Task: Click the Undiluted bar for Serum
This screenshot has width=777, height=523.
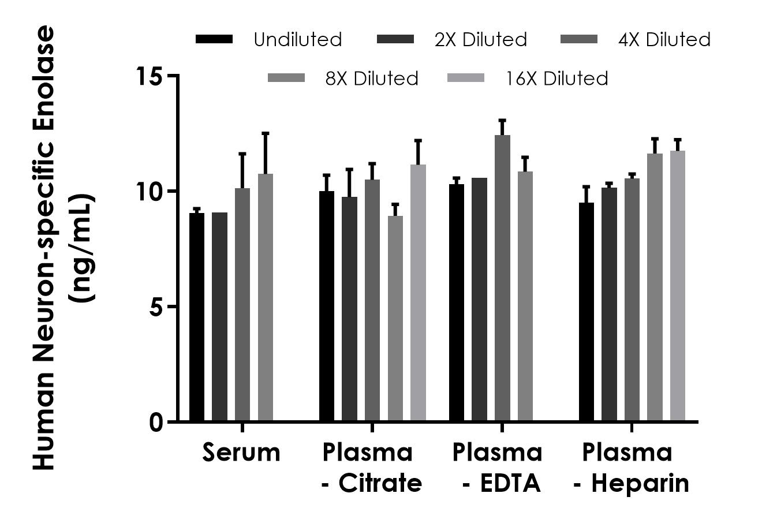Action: point(197,317)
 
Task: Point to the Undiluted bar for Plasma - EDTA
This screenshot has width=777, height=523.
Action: point(457,303)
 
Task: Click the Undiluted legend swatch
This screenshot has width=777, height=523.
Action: point(214,39)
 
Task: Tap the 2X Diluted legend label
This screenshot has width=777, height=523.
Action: point(481,39)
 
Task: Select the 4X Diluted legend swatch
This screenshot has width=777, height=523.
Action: point(579,39)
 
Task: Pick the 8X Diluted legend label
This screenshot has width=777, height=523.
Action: point(372,78)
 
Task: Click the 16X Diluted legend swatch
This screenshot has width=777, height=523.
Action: point(466,78)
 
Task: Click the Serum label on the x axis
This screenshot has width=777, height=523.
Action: point(241,453)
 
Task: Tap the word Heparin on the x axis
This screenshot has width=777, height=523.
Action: point(640,483)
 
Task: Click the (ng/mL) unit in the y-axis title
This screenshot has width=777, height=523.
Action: point(81,249)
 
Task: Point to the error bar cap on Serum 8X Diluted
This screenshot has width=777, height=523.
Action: point(266,133)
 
